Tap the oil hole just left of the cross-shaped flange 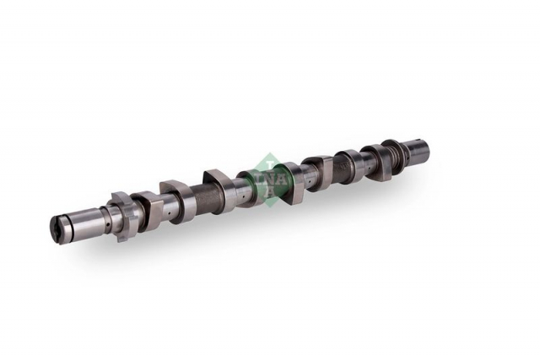tap(108, 224)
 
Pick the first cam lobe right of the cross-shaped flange tap(148, 209)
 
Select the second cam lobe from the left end tap(177, 201)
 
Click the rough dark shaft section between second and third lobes tap(206, 197)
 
